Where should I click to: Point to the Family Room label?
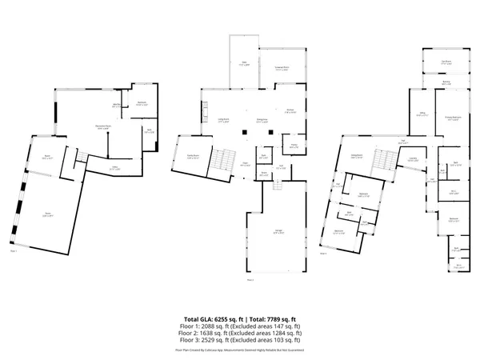[193, 157]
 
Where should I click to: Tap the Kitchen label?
[290, 112]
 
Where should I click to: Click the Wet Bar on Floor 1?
[116, 105]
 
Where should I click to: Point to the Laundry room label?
[412, 160]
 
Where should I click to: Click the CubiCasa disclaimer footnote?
[239, 350]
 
